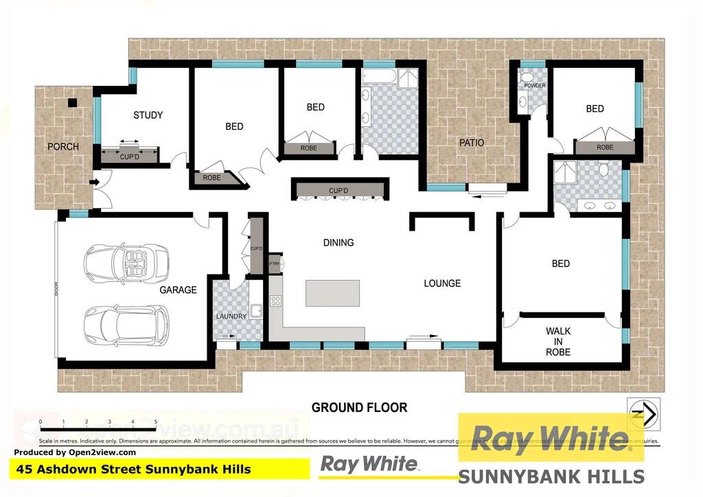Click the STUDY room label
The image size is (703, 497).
click(x=148, y=115)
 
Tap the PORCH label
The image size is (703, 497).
click(x=63, y=147)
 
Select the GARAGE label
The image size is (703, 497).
click(x=178, y=290)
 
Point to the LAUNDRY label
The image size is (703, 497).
click(x=231, y=316)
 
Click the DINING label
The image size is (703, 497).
click(x=338, y=243)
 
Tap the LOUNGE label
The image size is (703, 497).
click(x=442, y=284)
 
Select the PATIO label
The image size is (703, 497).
click(x=472, y=143)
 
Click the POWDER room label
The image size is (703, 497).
click(x=535, y=86)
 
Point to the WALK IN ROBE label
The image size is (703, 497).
click(x=558, y=341)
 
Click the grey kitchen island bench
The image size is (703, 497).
click(x=332, y=293)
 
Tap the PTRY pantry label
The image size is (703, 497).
click(x=275, y=263)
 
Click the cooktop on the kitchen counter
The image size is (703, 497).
click(x=276, y=301)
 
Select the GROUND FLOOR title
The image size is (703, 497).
click(x=359, y=408)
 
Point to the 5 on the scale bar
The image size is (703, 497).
click(x=156, y=421)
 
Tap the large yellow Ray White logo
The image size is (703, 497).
click(x=551, y=438)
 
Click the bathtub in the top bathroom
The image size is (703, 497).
click(x=377, y=77)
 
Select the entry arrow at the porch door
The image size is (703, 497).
click(x=95, y=182)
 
